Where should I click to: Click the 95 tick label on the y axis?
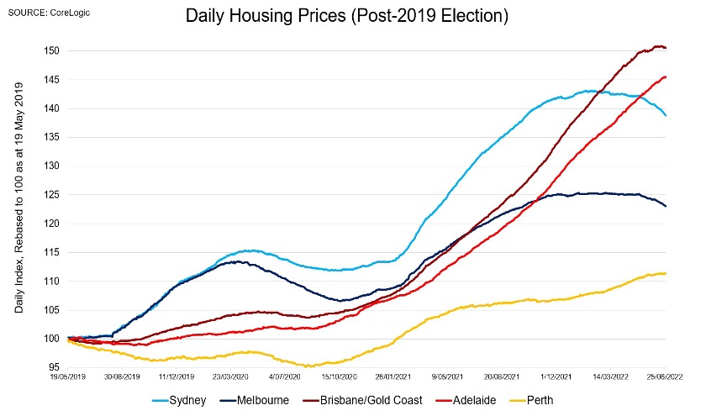(x=52, y=367)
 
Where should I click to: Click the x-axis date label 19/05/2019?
(x=67, y=378)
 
